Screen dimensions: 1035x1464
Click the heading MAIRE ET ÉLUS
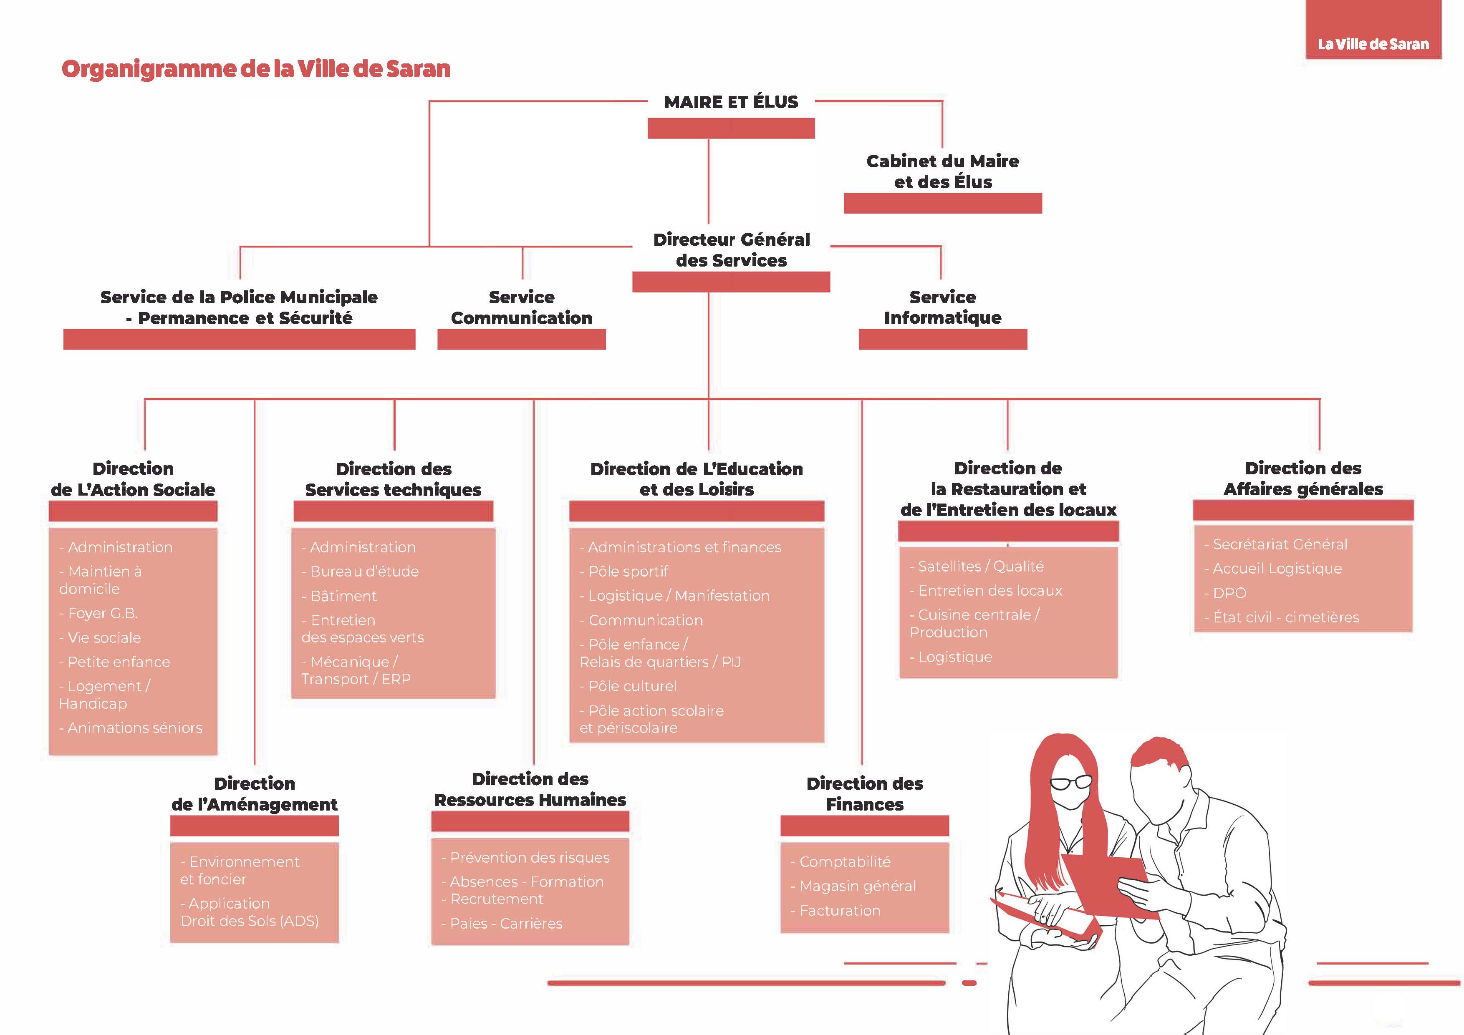click(x=731, y=102)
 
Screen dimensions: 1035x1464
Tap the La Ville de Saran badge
click(x=1373, y=44)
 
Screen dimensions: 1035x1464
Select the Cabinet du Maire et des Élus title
click(x=942, y=171)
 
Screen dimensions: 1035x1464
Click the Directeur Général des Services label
click(x=731, y=250)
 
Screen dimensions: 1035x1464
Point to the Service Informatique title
click(x=942, y=307)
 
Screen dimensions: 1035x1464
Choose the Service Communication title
click(x=522, y=307)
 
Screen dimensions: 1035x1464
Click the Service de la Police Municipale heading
click(x=239, y=307)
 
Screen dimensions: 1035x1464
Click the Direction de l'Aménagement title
click(x=255, y=793)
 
